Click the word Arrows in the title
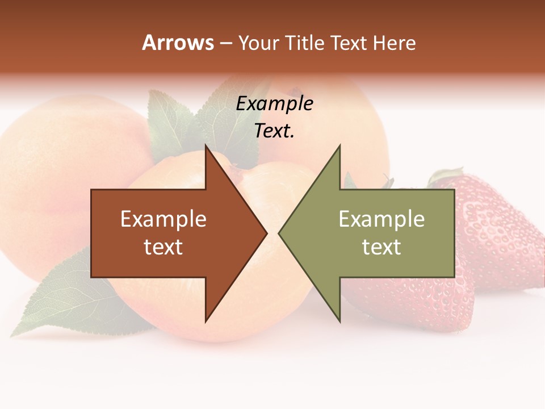[x=178, y=43]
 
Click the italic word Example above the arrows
[x=274, y=103]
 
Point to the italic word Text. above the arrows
[x=274, y=131]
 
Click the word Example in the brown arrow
[x=163, y=219]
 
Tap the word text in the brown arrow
[x=163, y=247]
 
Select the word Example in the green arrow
[x=381, y=219]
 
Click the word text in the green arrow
[x=381, y=247]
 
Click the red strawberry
[x=500, y=239]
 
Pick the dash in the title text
[x=225, y=43]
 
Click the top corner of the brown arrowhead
[x=206, y=147]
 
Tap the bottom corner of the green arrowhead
[x=339, y=322]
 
